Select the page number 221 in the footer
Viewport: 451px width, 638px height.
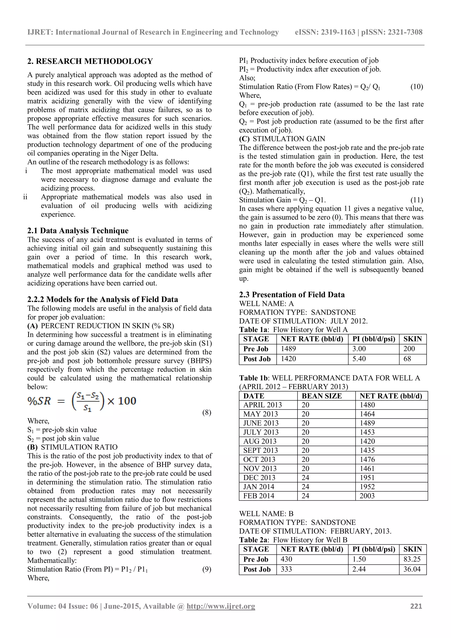(416, 606)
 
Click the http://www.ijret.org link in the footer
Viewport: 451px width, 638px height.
(221, 606)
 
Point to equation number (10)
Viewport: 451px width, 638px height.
(417, 87)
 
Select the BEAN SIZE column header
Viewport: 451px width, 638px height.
(322, 396)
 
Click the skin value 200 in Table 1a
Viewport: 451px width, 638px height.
(409, 349)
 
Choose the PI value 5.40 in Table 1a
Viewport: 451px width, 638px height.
(359, 359)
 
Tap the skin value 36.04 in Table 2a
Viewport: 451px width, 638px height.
(412, 569)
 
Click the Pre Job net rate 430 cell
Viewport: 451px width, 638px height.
(286, 559)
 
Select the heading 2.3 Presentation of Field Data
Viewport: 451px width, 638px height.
(292, 295)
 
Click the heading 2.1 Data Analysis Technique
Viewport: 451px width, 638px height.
(78, 231)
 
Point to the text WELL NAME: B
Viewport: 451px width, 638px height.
(266, 514)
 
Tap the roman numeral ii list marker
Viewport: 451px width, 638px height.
(25, 197)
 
